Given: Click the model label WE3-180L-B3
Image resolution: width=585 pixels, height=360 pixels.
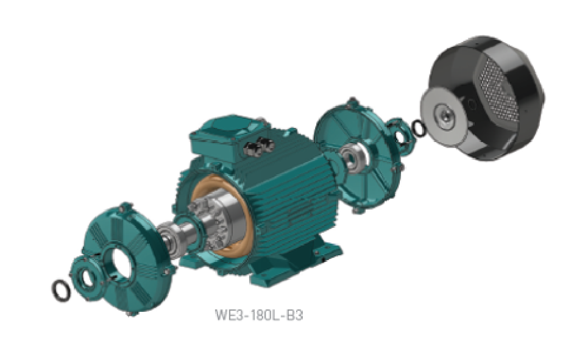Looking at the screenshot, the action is tap(259, 315).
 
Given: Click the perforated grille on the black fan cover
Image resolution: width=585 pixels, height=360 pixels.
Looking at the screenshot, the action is tap(501, 88).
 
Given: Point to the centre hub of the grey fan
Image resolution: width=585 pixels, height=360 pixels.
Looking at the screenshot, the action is tap(445, 116).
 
